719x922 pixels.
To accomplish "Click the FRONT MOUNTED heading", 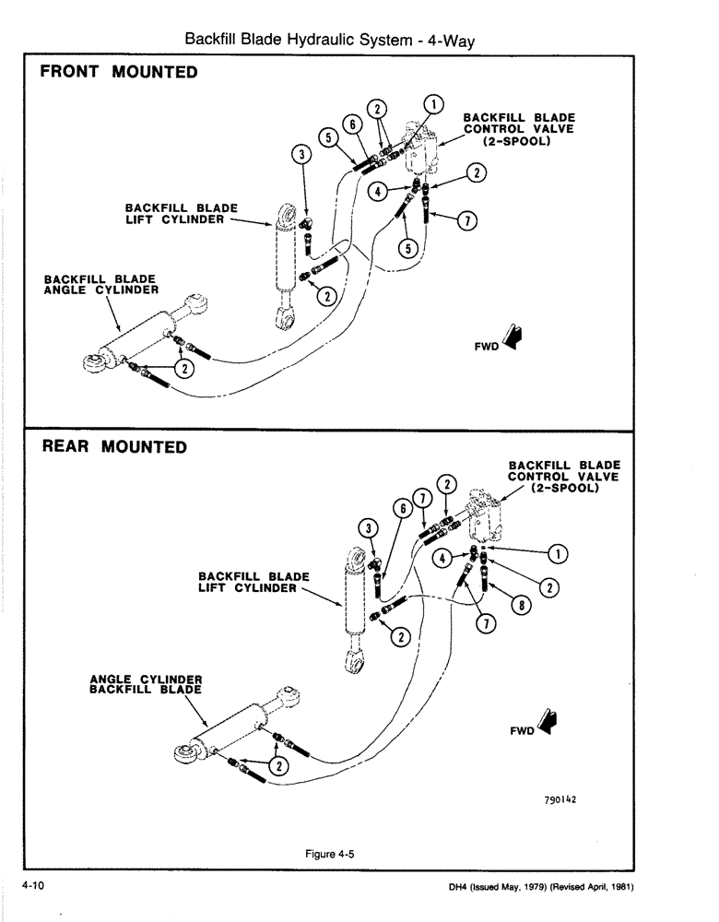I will (x=119, y=72).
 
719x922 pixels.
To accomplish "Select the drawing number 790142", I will (x=560, y=800).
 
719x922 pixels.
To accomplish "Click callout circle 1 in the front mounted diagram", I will (x=433, y=103).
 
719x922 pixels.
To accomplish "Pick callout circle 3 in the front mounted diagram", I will (x=300, y=154).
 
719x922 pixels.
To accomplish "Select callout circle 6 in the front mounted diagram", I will (x=350, y=124).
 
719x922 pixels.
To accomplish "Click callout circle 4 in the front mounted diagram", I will (x=375, y=191).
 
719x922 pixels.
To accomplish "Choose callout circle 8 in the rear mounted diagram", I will (x=522, y=607).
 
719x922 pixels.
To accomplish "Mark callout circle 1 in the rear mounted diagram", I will (x=557, y=553).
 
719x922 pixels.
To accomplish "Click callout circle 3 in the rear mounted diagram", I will (x=368, y=527).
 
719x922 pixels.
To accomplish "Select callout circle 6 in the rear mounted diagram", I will (x=402, y=508).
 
